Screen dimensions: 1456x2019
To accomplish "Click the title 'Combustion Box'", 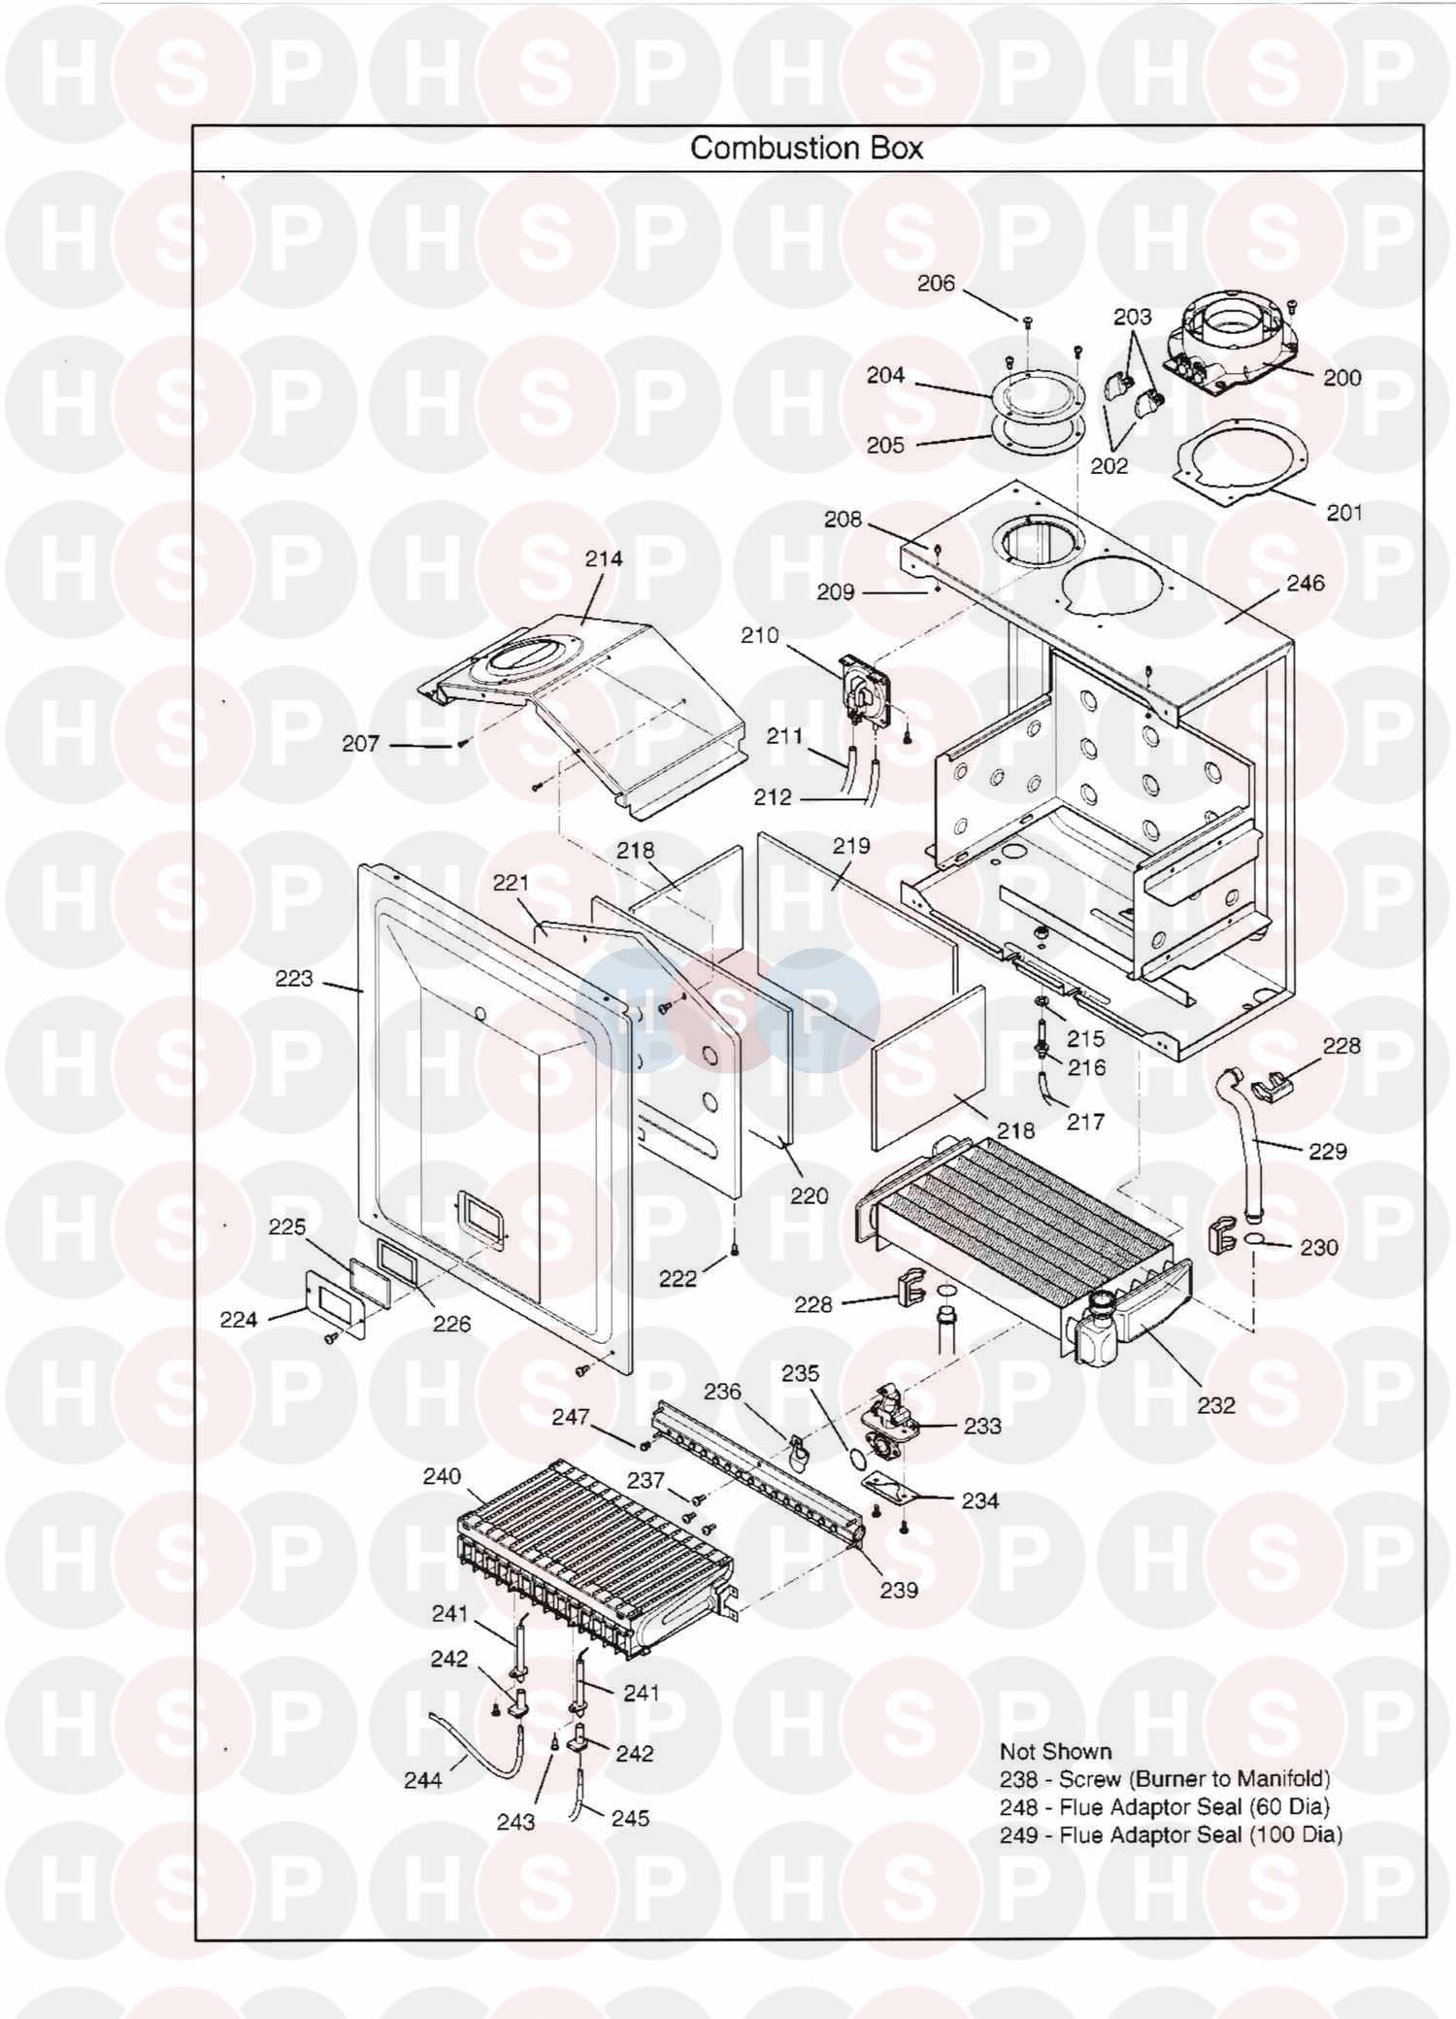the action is point(806,148).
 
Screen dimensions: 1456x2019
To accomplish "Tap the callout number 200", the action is point(1342,377).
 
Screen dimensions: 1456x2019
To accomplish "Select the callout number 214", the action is point(603,558).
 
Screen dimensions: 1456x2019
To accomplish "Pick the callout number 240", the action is point(442,1476).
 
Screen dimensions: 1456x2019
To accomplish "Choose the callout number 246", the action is point(1305,583).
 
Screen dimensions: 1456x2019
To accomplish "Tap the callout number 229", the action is point(1327,1151).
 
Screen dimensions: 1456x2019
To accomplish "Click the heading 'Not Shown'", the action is point(1055,1751).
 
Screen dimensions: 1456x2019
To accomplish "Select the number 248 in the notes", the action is point(1018,1806).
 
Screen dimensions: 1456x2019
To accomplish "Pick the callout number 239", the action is point(898,1590).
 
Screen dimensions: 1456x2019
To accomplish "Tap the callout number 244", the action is point(422,1780).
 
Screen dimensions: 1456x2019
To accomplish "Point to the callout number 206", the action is point(936,283).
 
